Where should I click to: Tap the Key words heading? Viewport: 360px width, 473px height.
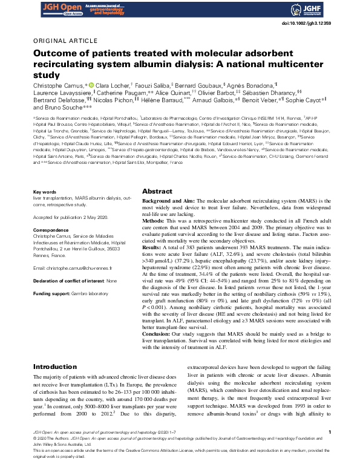[44, 192]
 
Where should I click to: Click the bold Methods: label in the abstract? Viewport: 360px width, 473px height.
[154, 221]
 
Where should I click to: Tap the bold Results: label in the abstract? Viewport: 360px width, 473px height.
[152, 247]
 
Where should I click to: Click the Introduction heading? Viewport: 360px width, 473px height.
[55, 367]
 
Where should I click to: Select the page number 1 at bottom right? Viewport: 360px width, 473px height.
[329, 432]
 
